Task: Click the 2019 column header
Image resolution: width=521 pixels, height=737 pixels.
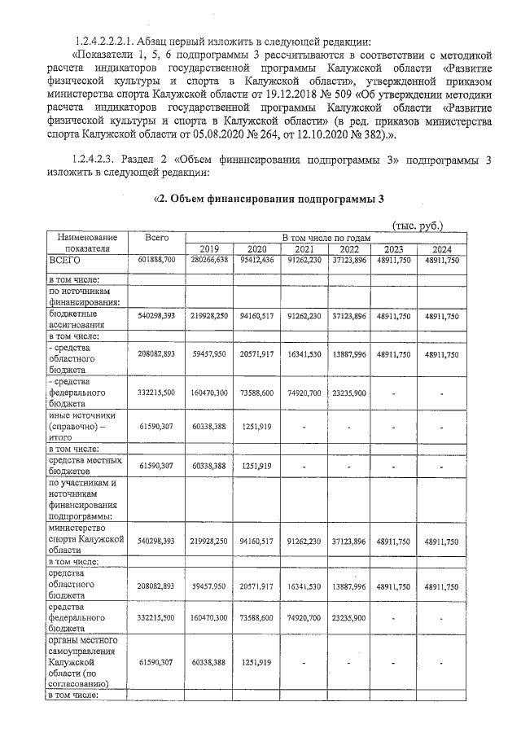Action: [x=209, y=249]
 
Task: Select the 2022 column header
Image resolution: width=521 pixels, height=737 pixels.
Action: [x=350, y=249]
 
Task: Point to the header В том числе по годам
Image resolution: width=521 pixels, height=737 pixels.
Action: [x=326, y=237]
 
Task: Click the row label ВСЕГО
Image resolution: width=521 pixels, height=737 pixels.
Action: [x=66, y=260]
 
